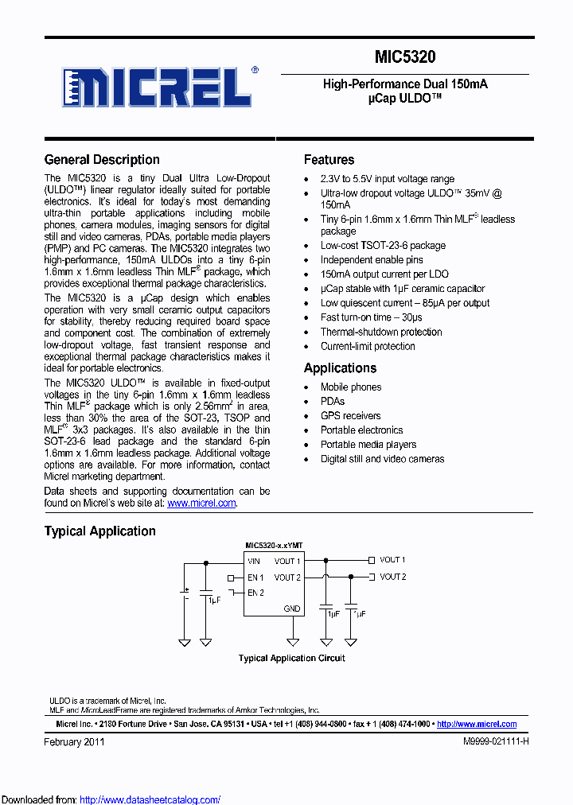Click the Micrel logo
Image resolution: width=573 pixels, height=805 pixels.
pyautogui.click(x=158, y=86)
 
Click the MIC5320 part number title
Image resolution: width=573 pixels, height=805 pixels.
pyautogui.click(x=405, y=57)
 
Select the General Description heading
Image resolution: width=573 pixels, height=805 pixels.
pyautogui.click(x=102, y=159)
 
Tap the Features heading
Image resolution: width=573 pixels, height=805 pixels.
pyautogui.click(x=329, y=159)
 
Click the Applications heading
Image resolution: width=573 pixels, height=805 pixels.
pyautogui.click(x=340, y=367)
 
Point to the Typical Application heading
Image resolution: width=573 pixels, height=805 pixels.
pyautogui.click(x=99, y=531)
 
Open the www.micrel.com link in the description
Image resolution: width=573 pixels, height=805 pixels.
pyautogui.click(x=201, y=503)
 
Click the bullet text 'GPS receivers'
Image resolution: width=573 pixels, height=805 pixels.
pyautogui.click(x=350, y=415)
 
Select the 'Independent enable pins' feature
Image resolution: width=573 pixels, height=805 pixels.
pyautogui.click(x=372, y=259)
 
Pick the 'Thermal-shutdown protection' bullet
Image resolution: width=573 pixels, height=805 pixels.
pyautogui.click(x=381, y=332)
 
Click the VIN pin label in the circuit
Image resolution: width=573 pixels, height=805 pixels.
pyautogui.click(x=254, y=562)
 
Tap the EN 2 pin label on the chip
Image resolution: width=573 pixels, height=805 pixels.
pyautogui.click(x=255, y=593)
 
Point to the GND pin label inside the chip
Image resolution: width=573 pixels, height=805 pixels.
pyautogui.click(x=292, y=609)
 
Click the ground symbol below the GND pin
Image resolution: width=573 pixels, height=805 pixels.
pyautogui.click(x=293, y=641)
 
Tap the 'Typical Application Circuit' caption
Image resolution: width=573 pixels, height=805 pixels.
pyautogui.click(x=292, y=658)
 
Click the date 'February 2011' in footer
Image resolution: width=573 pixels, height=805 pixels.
pyautogui.click(x=74, y=741)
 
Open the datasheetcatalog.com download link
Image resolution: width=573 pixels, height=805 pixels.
pyautogui.click(x=150, y=799)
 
